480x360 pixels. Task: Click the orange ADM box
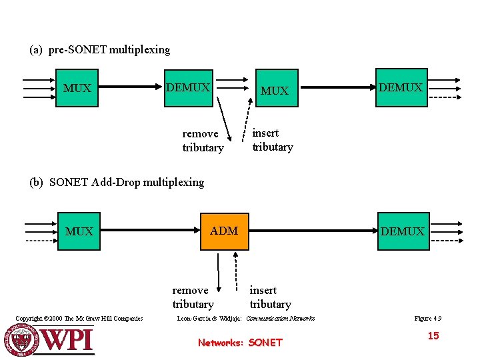click(x=224, y=231)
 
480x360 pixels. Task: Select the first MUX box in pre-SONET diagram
click(x=78, y=88)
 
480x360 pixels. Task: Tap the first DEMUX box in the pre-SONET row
click(x=188, y=88)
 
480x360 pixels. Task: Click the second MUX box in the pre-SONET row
click(x=274, y=90)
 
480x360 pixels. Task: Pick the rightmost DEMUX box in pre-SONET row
click(x=401, y=87)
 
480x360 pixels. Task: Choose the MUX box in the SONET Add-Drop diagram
click(x=79, y=231)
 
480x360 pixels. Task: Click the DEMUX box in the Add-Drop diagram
click(x=402, y=231)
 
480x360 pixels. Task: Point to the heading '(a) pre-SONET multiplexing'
click(x=100, y=50)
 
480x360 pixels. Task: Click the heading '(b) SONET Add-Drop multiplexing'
click(x=117, y=182)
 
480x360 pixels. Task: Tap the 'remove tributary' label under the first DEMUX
click(x=202, y=141)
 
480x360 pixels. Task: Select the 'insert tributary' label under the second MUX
click(x=272, y=140)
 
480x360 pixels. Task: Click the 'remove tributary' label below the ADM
click(x=193, y=297)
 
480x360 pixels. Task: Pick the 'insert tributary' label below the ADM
click(x=270, y=297)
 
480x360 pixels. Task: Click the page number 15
click(x=433, y=336)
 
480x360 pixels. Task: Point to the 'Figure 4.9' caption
click(x=428, y=319)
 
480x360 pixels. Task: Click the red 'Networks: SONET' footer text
click(x=240, y=343)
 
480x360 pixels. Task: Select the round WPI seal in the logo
click(x=27, y=338)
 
